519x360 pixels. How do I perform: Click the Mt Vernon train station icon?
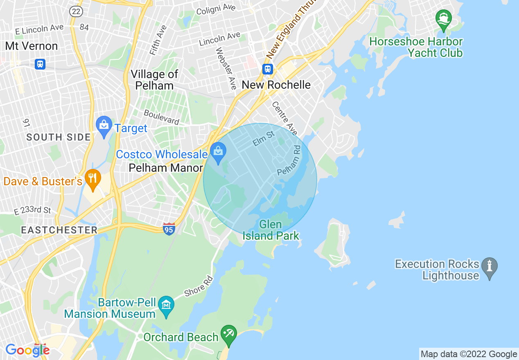tap(40, 64)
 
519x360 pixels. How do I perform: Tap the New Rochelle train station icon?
tap(268, 68)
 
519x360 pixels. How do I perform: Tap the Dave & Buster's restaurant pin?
tap(93, 179)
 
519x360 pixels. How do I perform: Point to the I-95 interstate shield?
tap(169, 228)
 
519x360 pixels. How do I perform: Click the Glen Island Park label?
tap(271, 230)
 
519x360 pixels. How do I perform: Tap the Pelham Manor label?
tap(165, 168)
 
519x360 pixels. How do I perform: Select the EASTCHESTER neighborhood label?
tap(59, 230)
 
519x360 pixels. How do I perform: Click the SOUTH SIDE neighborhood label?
tap(59, 137)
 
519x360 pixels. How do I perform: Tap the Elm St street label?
tap(263, 139)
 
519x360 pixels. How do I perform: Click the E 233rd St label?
tap(33, 210)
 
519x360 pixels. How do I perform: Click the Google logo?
tap(27, 350)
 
